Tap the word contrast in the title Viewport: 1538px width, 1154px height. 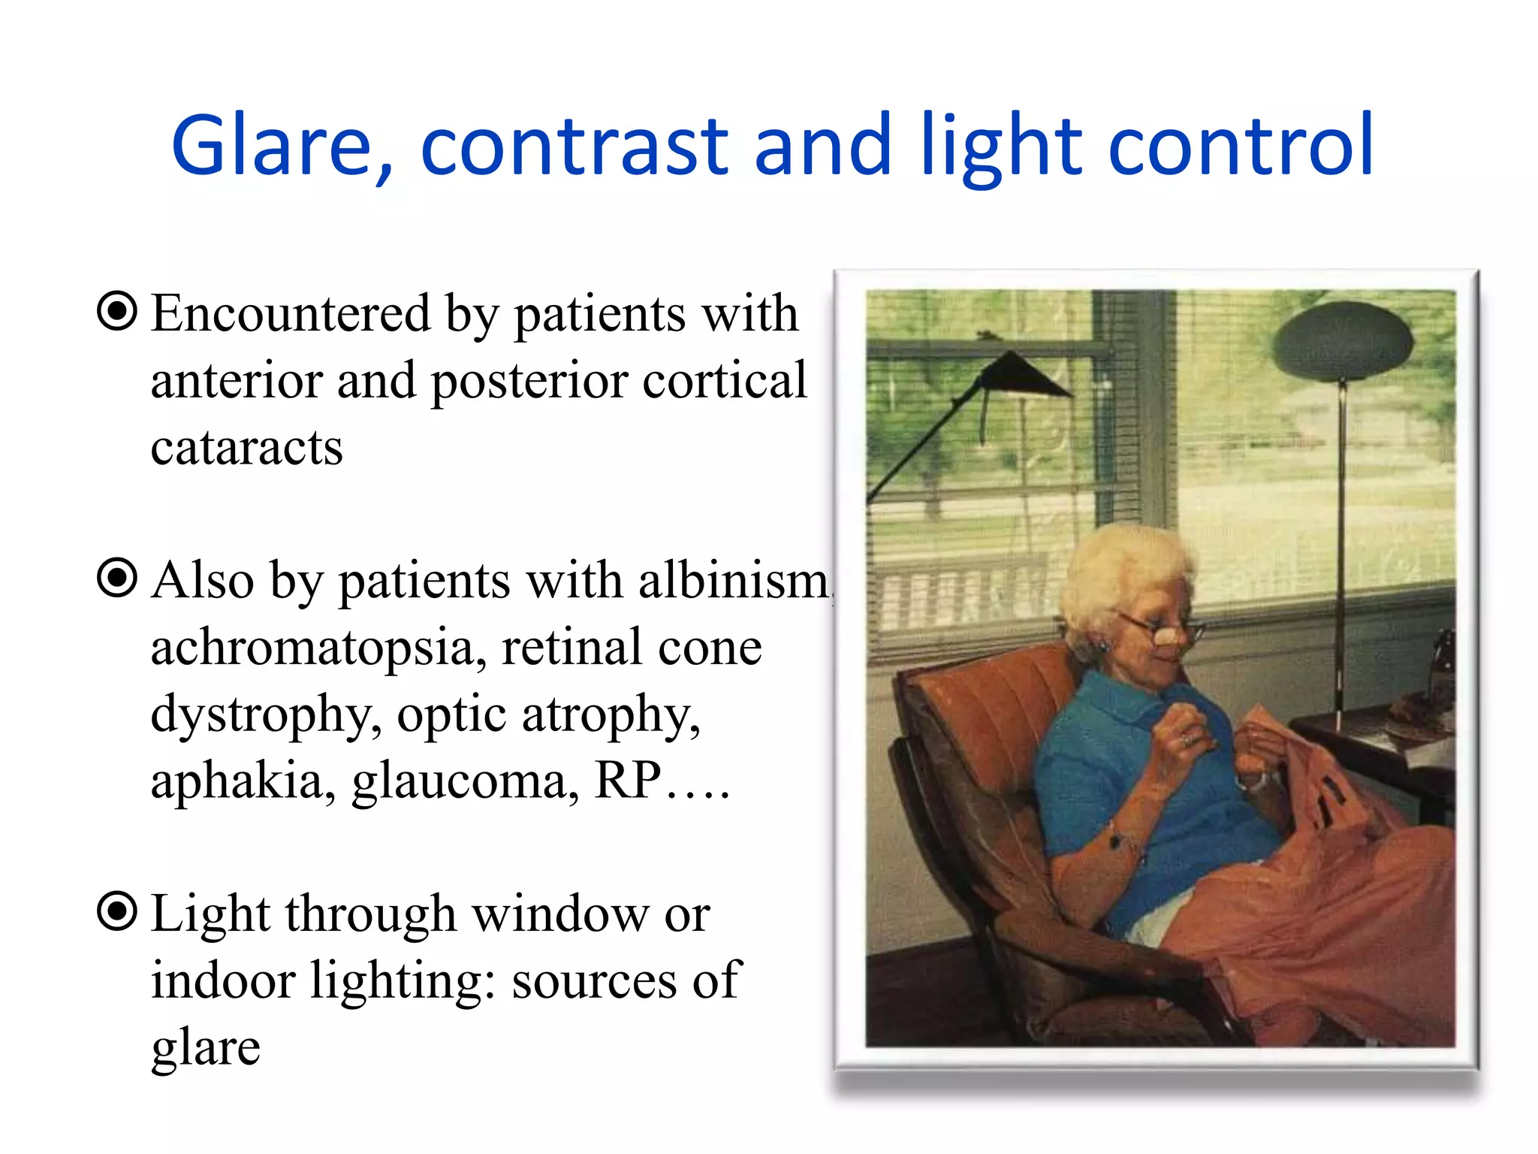[574, 146]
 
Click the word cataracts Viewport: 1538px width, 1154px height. [246, 448]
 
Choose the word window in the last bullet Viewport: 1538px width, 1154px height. [559, 915]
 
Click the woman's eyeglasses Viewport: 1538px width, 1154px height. [1160, 627]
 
